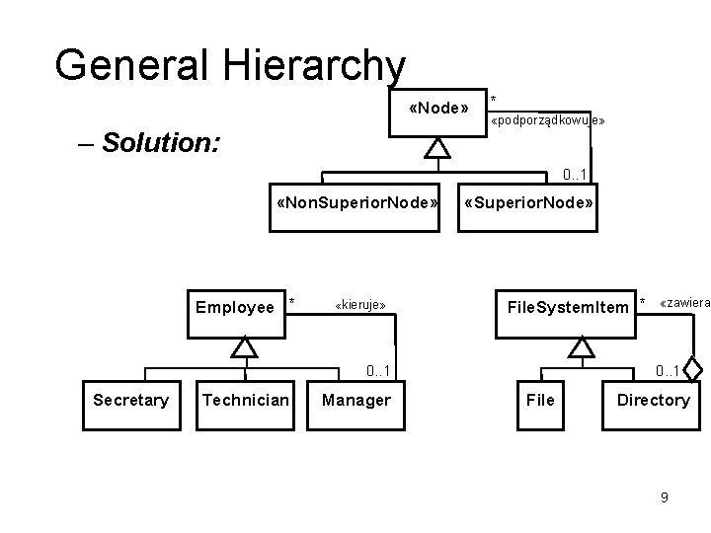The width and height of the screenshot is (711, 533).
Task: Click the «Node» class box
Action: pyautogui.click(x=437, y=108)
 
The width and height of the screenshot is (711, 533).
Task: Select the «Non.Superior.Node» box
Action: pyautogui.click(x=356, y=205)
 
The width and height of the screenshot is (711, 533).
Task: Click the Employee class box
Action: pyautogui.click(x=235, y=307)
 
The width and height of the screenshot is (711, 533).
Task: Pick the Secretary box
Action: pyautogui.click(x=130, y=400)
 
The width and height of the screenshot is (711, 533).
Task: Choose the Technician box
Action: pyautogui.click(x=245, y=400)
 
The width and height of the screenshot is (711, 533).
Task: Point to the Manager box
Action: pyautogui.click(x=356, y=400)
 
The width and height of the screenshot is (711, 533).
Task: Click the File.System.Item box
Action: pyautogui.click(x=567, y=307)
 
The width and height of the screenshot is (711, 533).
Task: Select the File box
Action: pyautogui.click(x=541, y=400)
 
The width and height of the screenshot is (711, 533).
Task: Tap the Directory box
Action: pyautogui.click(x=653, y=400)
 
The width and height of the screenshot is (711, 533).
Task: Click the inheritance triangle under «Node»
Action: pyautogui.click(x=437, y=149)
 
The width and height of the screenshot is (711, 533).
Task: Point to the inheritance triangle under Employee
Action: pyautogui.click(x=244, y=347)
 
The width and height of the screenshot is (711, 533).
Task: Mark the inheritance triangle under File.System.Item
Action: pyautogui.click(x=583, y=347)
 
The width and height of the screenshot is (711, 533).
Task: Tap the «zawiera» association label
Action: pyautogui.click(x=684, y=302)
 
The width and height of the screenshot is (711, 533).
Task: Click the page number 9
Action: pyautogui.click(x=664, y=497)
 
